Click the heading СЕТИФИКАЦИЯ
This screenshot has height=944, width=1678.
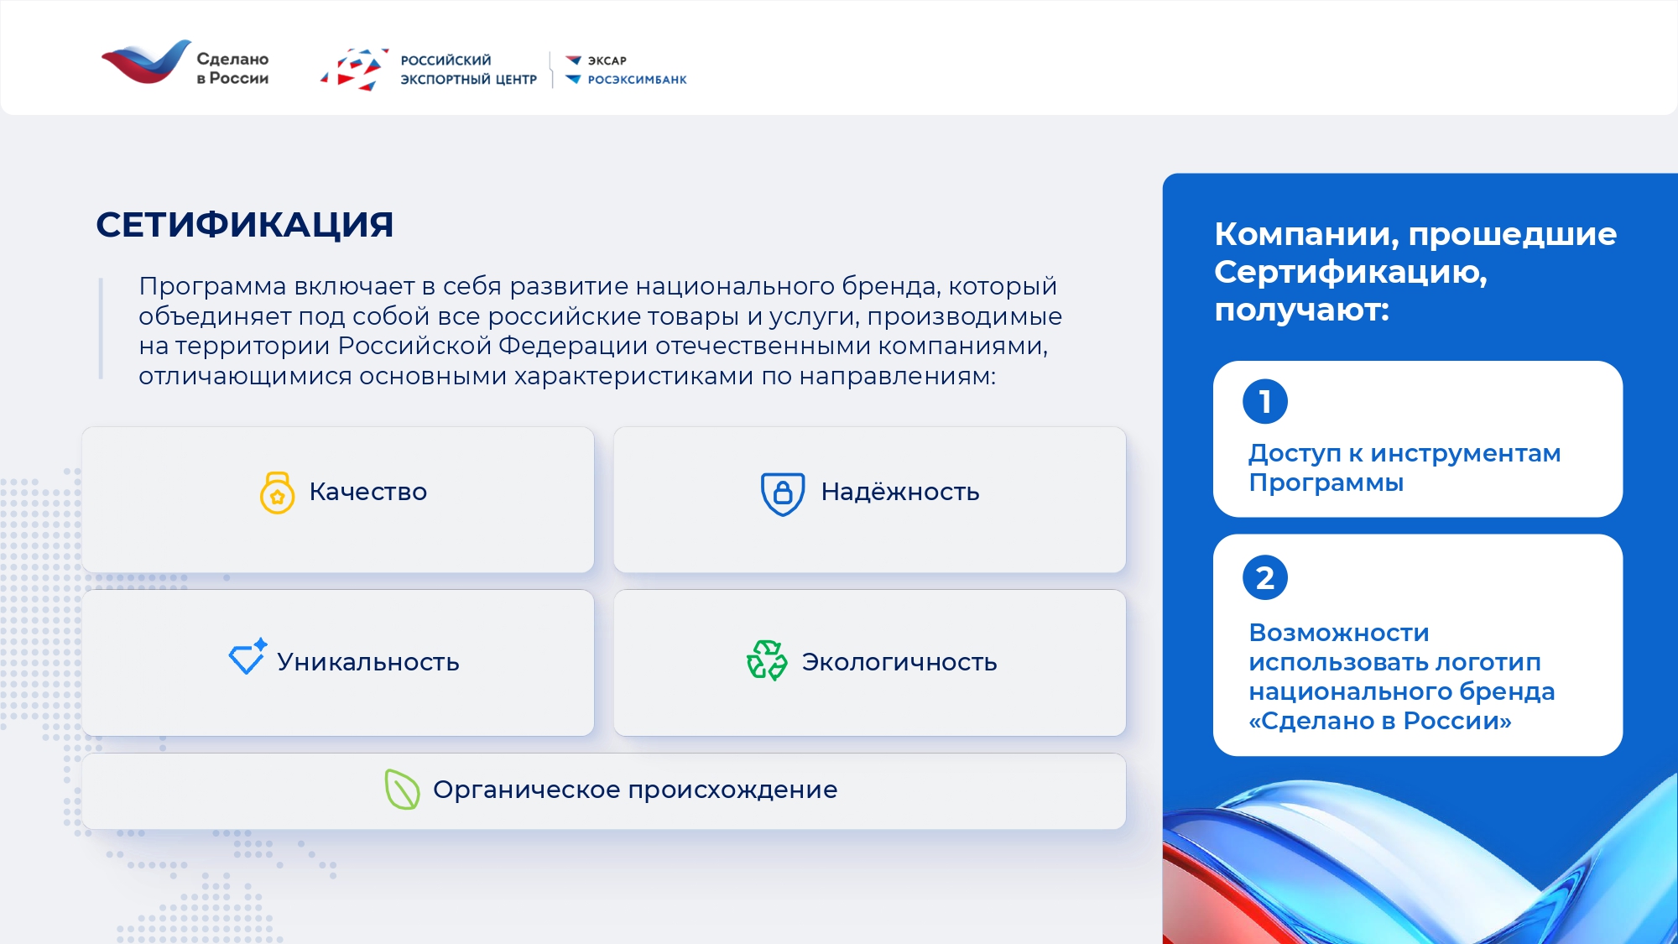(x=244, y=225)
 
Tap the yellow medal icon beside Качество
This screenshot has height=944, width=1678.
(x=277, y=493)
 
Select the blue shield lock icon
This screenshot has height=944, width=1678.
(x=783, y=493)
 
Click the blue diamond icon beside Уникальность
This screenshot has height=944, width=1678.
(x=248, y=656)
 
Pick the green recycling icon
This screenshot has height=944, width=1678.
(x=767, y=660)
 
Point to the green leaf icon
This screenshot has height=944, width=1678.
(x=402, y=790)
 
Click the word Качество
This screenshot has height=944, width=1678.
(x=368, y=492)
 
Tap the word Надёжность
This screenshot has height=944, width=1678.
(x=900, y=492)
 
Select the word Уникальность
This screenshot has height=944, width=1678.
(x=368, y=662)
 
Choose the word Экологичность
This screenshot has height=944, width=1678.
(x=899, y=662)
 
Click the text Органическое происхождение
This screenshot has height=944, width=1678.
(x=635, y=790)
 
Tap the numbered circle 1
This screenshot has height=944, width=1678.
(x=1265, y=402)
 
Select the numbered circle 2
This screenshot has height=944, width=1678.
(x=1265, y=577)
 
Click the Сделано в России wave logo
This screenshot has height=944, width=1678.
(x=146, y=62)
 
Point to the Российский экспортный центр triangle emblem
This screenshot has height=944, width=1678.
(x=354, y=70)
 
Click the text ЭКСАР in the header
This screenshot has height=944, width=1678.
(x=607, y=60)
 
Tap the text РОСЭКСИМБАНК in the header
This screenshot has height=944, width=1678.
(x=637, y=80)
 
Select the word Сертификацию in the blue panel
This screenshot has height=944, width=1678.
(x=1351, y=273)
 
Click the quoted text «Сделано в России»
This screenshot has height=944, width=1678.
(x=1380, y=721)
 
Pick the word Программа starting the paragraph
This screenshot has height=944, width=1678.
(x=213, y=287)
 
